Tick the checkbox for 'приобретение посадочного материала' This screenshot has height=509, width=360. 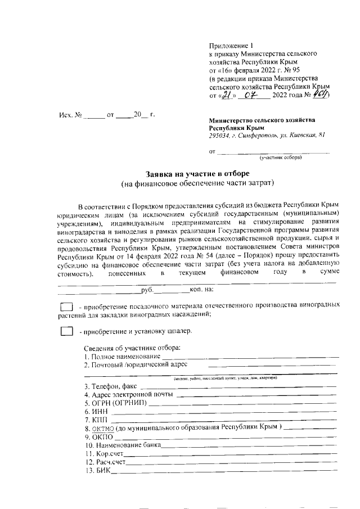pos(66,307)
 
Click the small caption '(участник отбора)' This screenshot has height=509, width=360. pos(280,157)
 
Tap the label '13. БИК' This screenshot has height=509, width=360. pos(97,471)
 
